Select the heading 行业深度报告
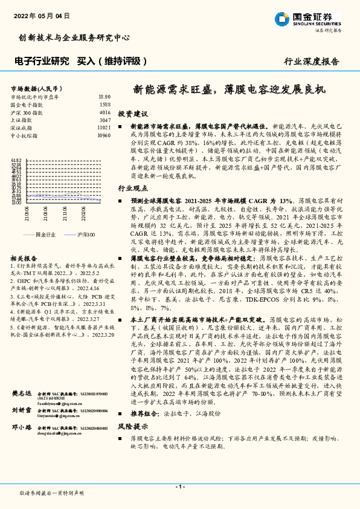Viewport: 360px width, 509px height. click(311, 62)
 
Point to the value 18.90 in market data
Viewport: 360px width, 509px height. click(104, 97)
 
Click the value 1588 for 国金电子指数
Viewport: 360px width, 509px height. click(104, 105)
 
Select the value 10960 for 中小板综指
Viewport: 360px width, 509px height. click(104, 136)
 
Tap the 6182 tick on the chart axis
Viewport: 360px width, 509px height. click(16, 160)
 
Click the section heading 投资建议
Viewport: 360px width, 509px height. click(132, 114)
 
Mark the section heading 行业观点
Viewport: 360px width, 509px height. click(132, 189)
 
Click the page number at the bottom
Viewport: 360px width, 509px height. click(179, 487)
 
